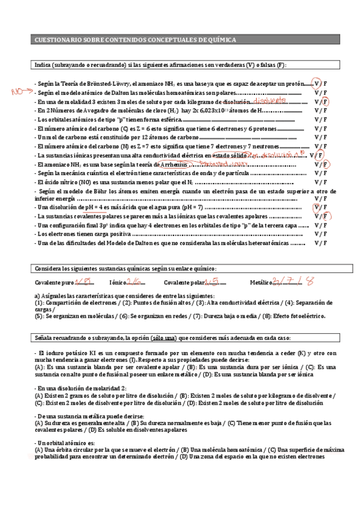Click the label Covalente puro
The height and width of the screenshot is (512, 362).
(x=54, y=283)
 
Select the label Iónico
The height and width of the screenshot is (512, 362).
(x=117, y=283)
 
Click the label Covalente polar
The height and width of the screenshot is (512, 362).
(x=183, y=283)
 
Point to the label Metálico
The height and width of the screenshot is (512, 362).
(x=260, y=283)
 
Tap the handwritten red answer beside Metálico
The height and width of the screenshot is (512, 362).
(x=293, y=281)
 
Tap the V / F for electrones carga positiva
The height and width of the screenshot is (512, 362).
(x=321, y=234)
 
